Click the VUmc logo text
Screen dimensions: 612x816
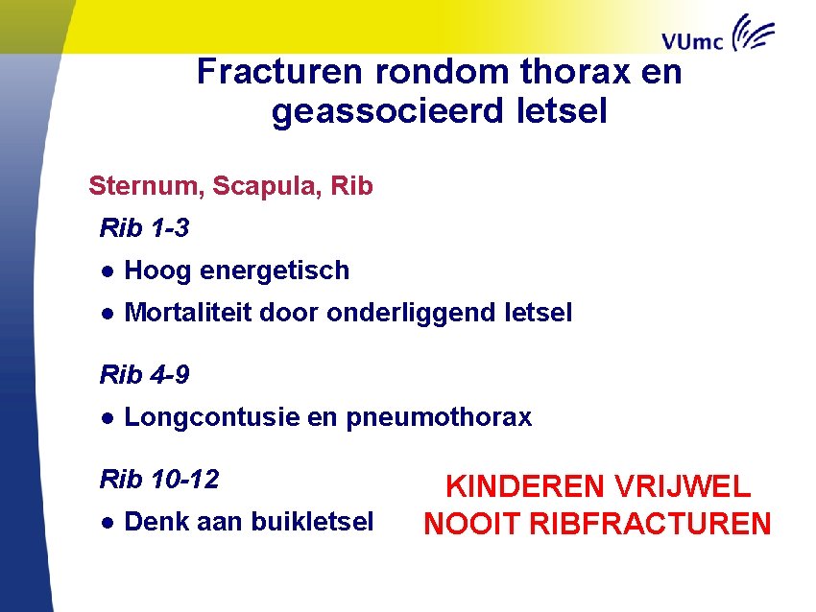[x=693, y=39]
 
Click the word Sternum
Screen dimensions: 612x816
[x=144, y=186]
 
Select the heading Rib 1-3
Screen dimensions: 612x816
[x=144, y=229]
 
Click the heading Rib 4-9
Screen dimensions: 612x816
[x=144, y=375]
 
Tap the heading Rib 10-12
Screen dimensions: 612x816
[x=159, y=479]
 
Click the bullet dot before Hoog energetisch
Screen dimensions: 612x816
[x=109, y=271]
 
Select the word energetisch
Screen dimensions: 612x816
[x=276, y=271]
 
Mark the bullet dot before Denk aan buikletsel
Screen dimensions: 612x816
[x=109, y=522]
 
